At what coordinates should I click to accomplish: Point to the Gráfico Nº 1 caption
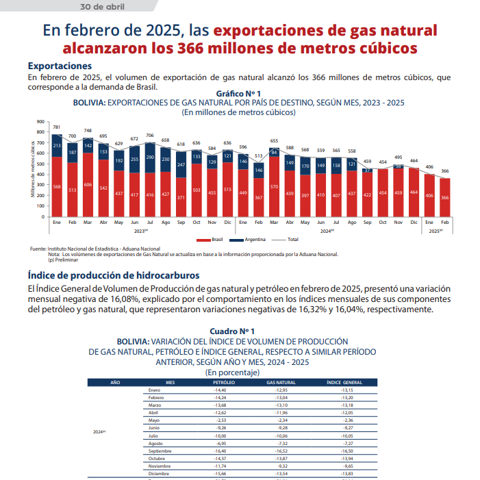click(x=238, y=92)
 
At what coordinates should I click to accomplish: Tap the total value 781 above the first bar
click(x=56, y=127)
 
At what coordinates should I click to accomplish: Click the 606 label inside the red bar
click(x=88, y=185)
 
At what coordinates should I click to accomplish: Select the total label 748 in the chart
click(x=88, y=131)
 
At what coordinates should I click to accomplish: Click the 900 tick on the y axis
click(x=40, y=122)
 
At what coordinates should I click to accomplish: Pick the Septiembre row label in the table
click(x=160, y=451)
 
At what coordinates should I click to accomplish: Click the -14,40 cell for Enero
click(x=220, y=390)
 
